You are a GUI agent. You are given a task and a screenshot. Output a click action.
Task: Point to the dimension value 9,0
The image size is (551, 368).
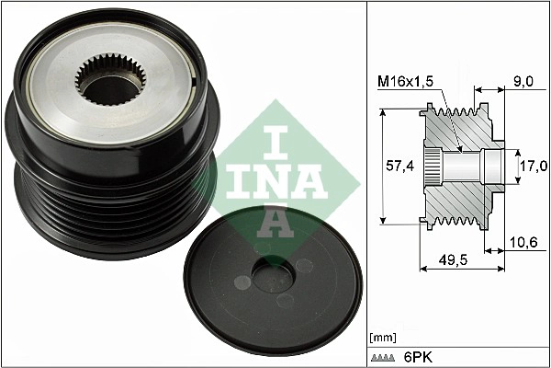[522, 81]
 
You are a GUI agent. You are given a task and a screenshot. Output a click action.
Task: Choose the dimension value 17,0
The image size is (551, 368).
[533, 166]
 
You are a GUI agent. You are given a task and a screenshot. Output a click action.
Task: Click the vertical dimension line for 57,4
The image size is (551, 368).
[384, 166]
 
